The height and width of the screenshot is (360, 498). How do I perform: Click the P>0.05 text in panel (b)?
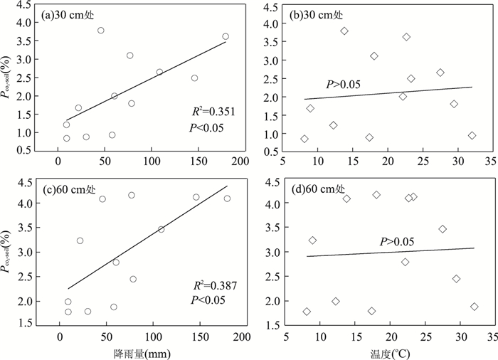click(x=343, y=85)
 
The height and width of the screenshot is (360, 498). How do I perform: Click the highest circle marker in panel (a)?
click(x=101, y=30)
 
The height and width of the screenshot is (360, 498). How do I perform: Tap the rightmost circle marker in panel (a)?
click(x=226, y=36)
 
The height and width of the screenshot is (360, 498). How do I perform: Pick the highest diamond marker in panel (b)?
click(x=344, y=31)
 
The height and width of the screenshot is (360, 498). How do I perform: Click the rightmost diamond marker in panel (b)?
click(x=472, y=135)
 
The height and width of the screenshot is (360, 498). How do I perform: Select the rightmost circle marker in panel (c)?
click(x=227, y=198)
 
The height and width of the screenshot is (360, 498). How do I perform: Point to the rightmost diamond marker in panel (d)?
click(x=474, y=307)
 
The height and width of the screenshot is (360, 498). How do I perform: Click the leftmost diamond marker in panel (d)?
click(x=307, y=311)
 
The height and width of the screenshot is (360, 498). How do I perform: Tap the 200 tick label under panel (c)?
click(x=242, y=337)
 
